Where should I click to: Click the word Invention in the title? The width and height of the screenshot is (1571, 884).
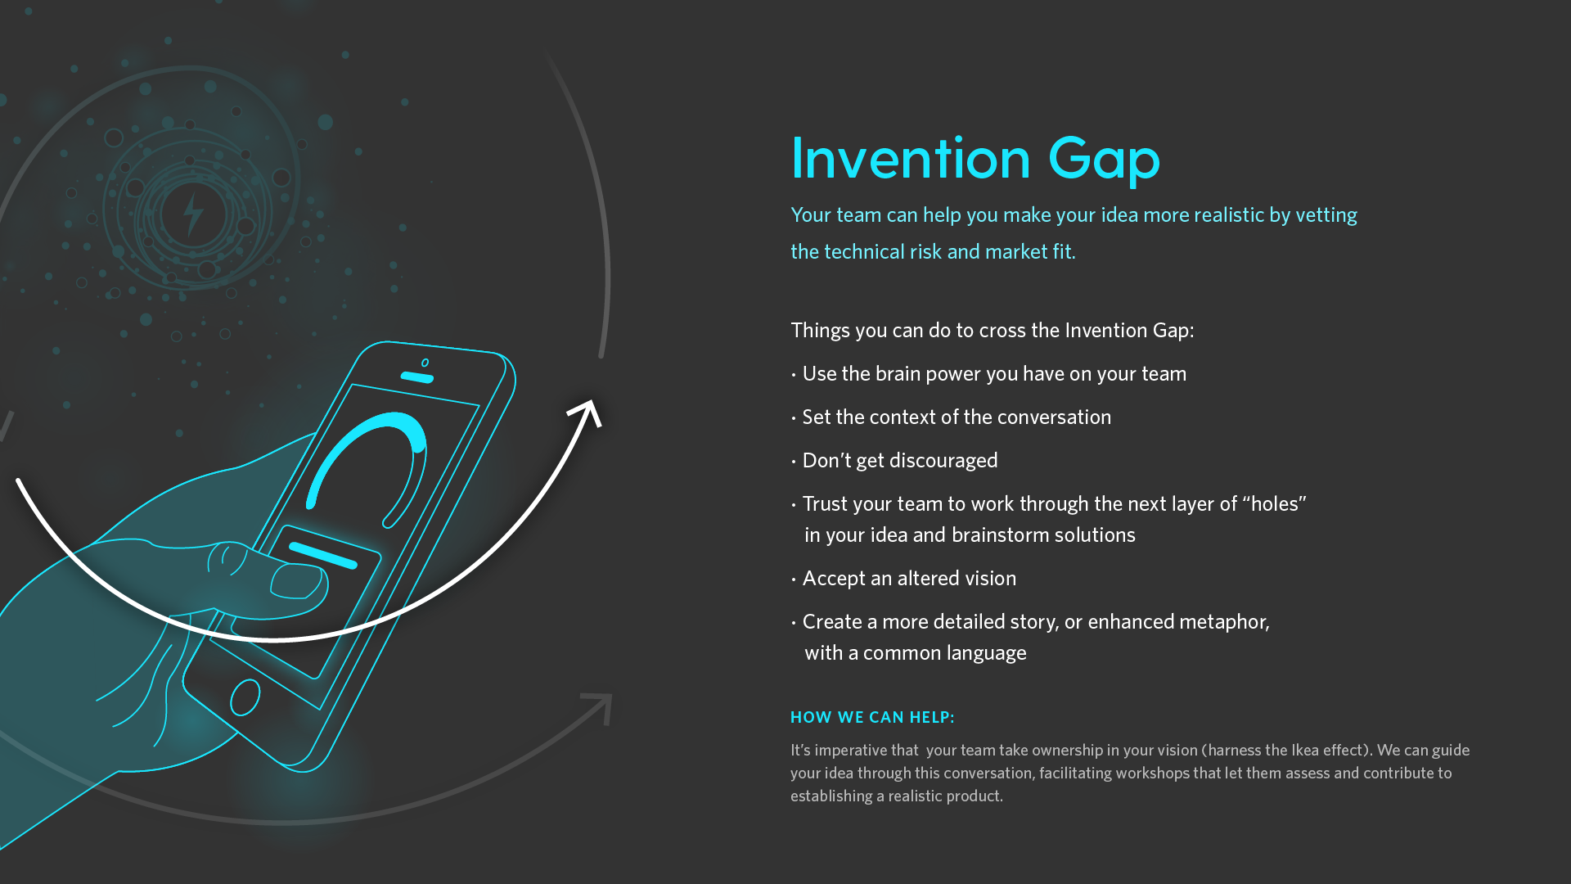[x=910, y=158]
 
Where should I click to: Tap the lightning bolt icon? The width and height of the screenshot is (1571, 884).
[x=193, y=214]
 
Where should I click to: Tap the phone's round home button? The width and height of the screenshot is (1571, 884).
[x=245, y=698]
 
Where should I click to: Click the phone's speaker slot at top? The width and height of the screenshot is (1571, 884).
[x=417, y=377]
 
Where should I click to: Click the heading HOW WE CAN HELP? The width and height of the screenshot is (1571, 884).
[x=872, y=718]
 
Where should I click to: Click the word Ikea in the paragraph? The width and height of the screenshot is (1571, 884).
[x=1305, y=751]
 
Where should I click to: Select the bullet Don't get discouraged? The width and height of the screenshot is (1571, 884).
[x=895, y=461]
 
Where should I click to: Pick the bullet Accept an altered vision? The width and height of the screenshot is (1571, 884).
[x=904, y=579]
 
